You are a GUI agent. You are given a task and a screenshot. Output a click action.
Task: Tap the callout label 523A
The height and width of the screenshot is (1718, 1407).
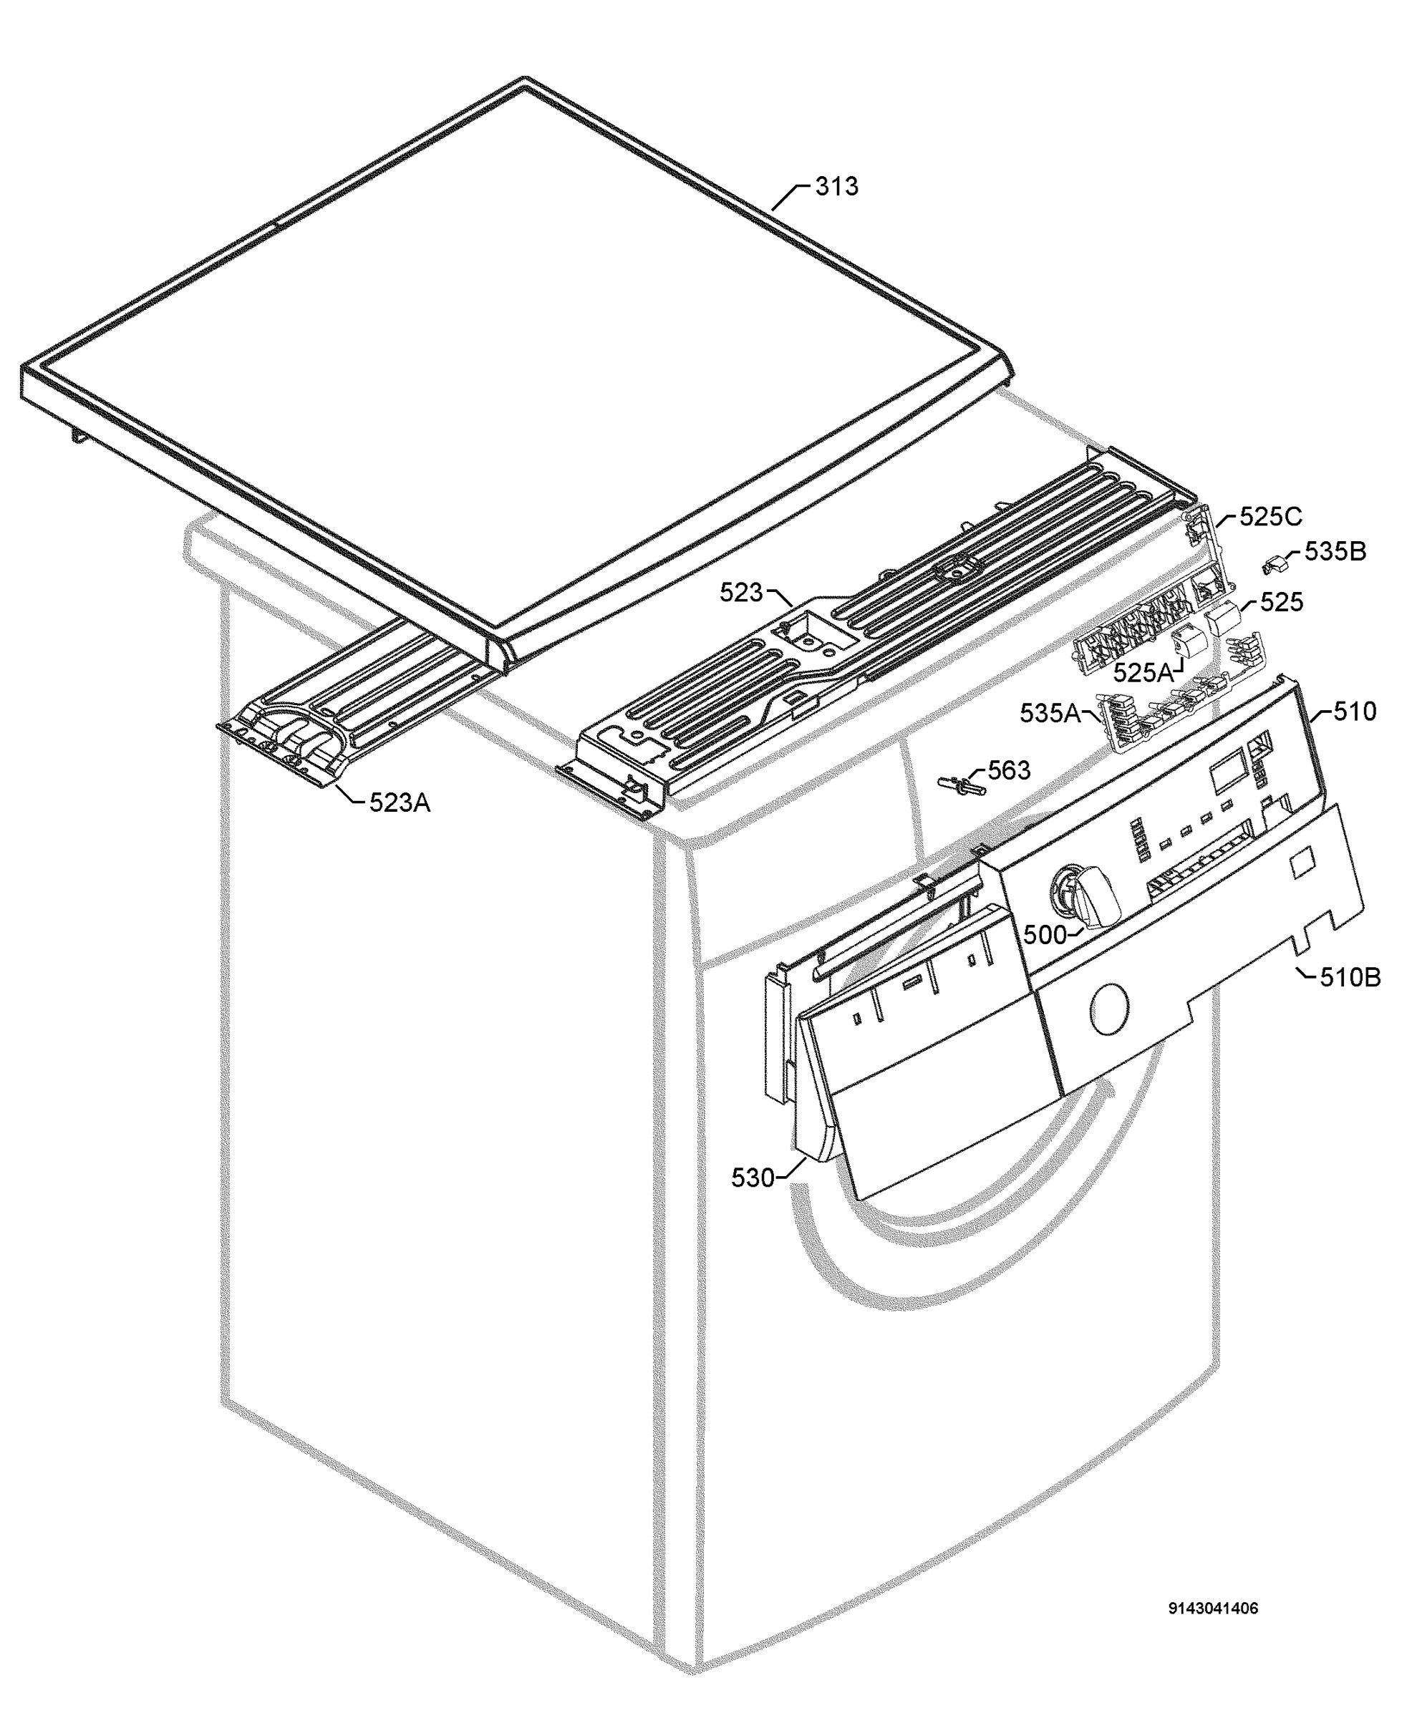pyautogui.click(x=400, y=802)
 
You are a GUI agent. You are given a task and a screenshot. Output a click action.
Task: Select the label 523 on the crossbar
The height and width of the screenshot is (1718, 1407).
pyautogui.click(x=741, y=593)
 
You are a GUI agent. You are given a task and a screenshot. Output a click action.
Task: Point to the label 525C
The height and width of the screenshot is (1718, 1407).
pyautogui.click(x=1271, y=517)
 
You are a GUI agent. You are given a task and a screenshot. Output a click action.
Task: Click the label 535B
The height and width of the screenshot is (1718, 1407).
pyautogui.click(x=1335, y=552)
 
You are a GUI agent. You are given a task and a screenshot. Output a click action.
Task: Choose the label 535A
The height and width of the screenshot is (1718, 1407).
pyautogui.click(x=1050, y=713)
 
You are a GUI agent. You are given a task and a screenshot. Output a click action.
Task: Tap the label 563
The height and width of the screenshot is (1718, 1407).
pyautogui.click(x=1009, y=770)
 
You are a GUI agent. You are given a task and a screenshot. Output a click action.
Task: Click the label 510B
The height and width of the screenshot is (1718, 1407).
pyautogui.click(x=1350, y=977)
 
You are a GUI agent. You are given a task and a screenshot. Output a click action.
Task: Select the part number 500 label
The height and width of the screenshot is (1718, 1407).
pyautogui.click(x=1044, y=934)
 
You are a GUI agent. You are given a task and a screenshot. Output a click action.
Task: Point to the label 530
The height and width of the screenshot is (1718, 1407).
pyautogui.click(x=753, y=1178)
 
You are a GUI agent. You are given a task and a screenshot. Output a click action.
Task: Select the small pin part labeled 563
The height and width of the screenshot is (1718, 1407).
pyautogui.click(x=963, y=785)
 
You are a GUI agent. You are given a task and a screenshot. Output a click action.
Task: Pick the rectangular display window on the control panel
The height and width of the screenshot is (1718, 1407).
pyautogui.click(x=1227, y=775)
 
